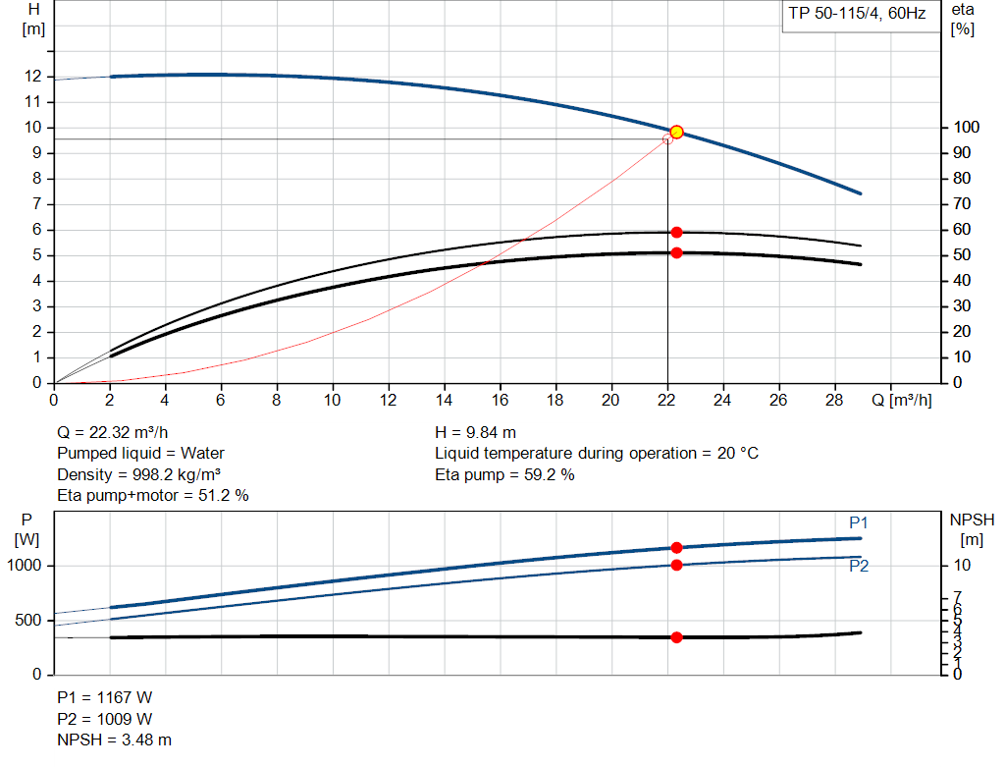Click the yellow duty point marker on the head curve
point(676,132)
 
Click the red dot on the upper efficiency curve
point(676,232)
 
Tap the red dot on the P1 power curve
point(676,548)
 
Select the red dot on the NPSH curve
point(676,637)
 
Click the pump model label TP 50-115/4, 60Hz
point(857,15)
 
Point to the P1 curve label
point(859,521)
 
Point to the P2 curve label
point(859,566)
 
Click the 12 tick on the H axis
point(33,77)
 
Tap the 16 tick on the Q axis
point(501,400)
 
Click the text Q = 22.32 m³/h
point(120,432)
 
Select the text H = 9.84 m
point(475,432)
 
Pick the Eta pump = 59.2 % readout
point(504,475)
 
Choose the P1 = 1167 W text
point(105,697)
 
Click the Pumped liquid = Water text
point(140,454)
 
